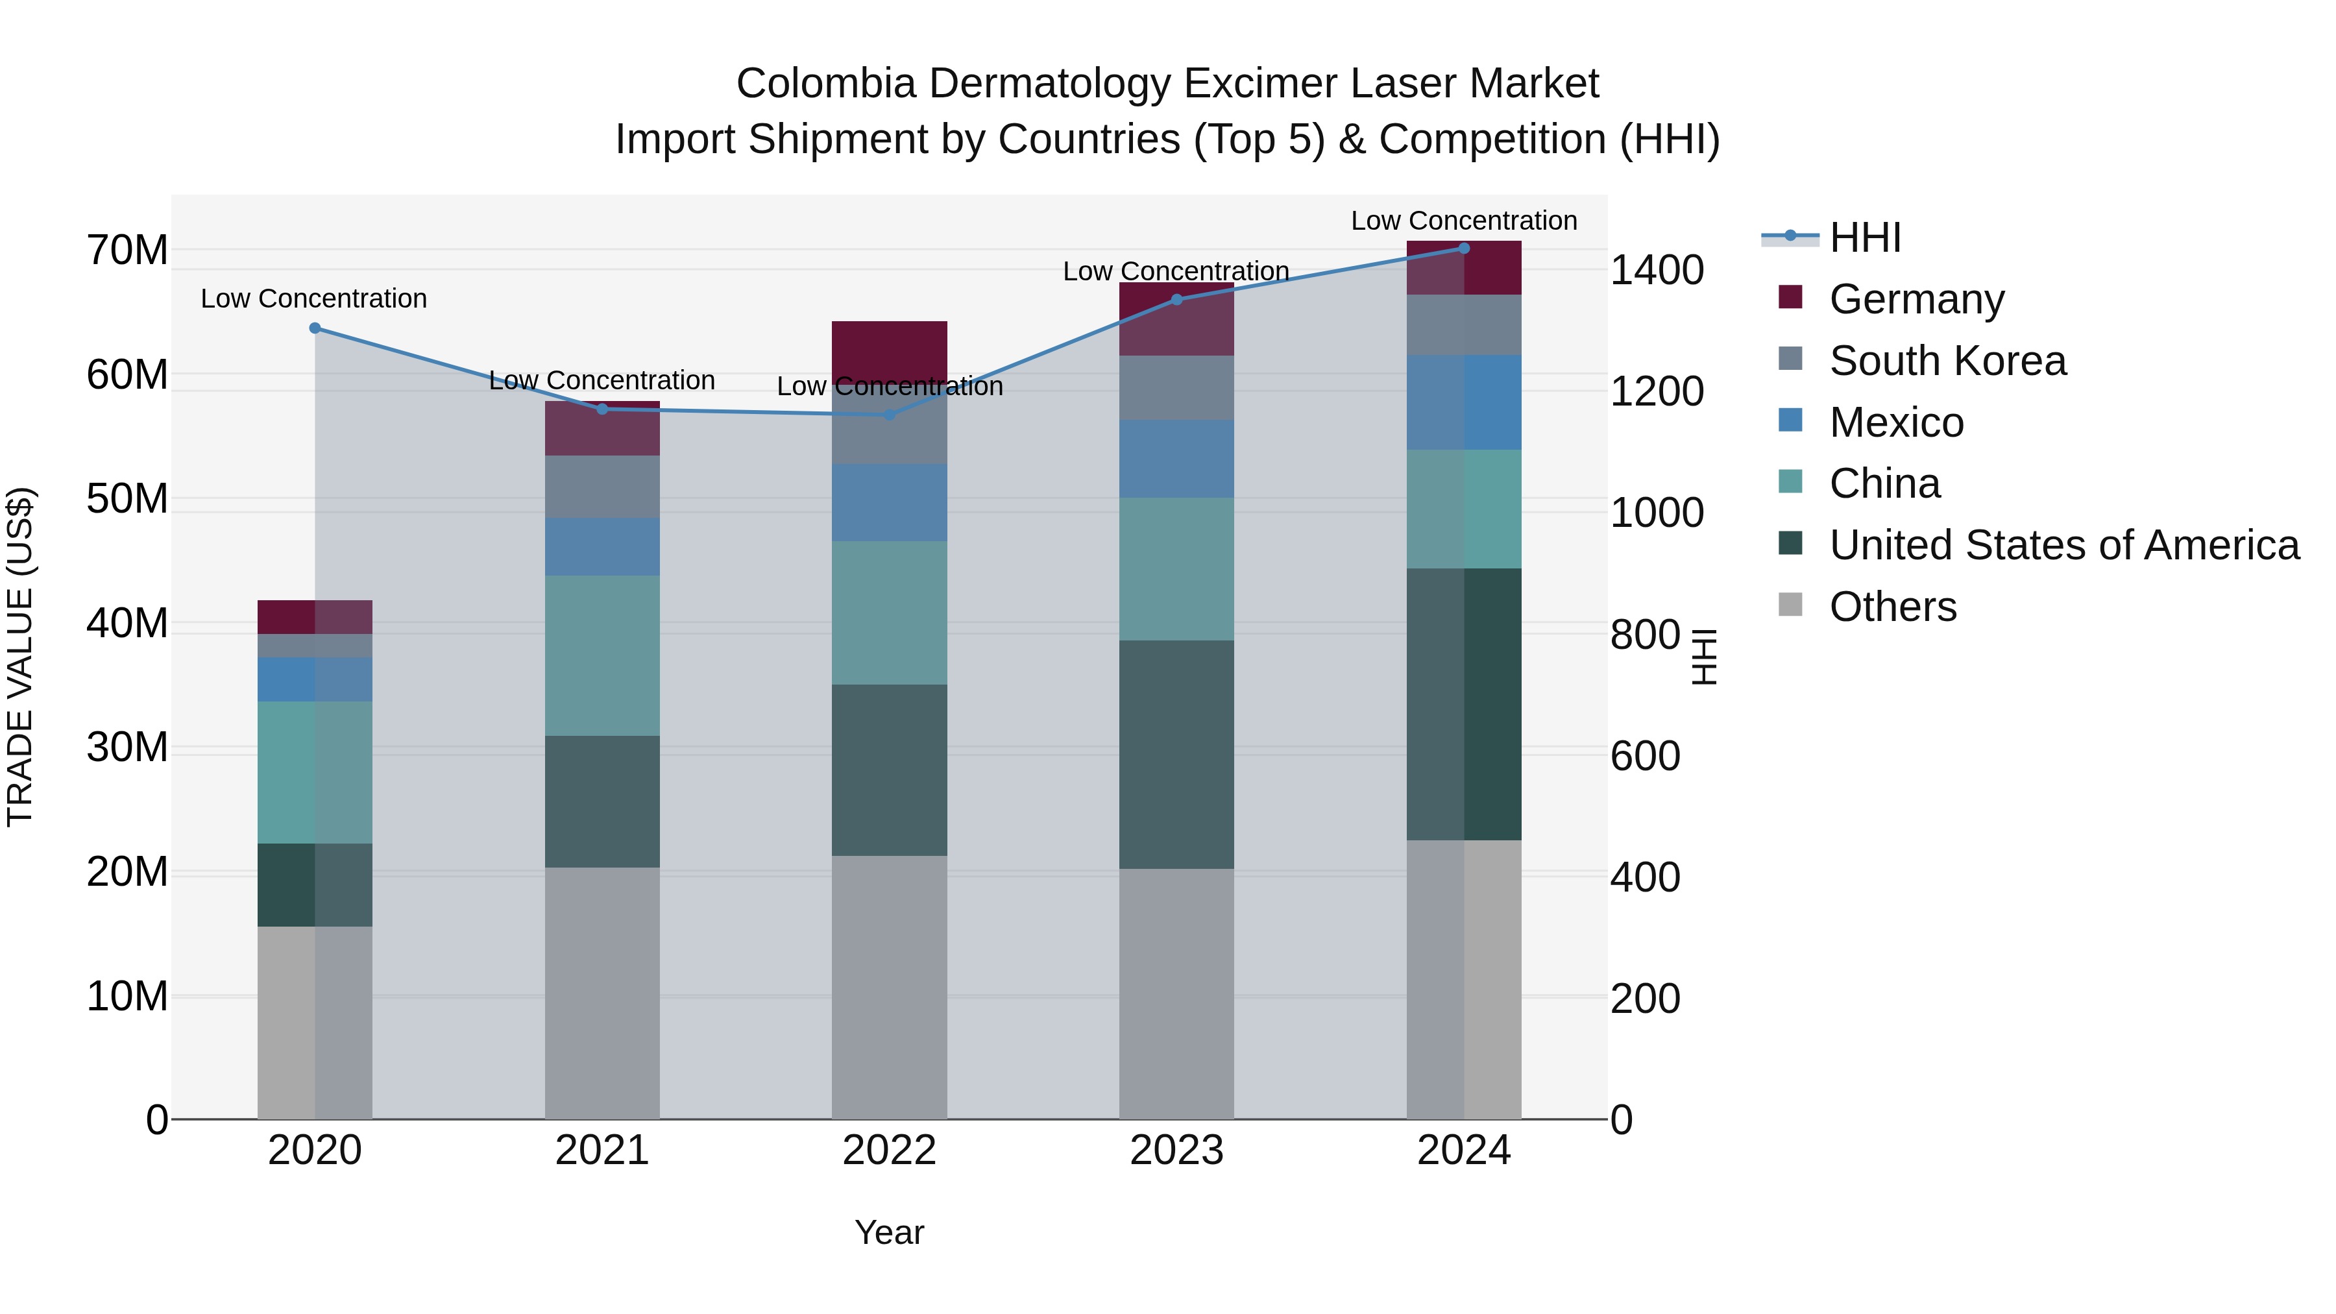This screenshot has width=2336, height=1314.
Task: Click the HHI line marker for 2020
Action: coord(315,328)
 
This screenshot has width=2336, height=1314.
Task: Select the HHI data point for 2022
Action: coord(890,415)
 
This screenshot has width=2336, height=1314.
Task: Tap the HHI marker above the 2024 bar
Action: coord(1464,249)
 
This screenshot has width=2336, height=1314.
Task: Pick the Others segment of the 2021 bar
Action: coord(602,993)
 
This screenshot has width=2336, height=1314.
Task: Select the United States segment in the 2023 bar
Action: coord(1176,755)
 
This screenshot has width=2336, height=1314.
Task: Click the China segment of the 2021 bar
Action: coord(602,655)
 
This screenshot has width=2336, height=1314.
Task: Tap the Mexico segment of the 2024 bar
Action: coord(1464,402)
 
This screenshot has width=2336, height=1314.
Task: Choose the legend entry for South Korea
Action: coord(1947,361)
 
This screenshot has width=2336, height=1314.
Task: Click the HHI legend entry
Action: coord(1864,237)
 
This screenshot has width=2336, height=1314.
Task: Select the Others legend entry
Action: coord(1893,607)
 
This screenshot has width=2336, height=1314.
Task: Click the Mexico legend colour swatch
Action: coord(1790,420)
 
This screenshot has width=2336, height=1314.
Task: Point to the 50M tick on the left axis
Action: coord(127,499)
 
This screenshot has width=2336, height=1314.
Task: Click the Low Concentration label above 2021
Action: coord(602,380)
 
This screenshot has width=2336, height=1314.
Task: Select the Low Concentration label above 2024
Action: coord(1464,221)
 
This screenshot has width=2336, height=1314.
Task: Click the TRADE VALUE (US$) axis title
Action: coord(20,657)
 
